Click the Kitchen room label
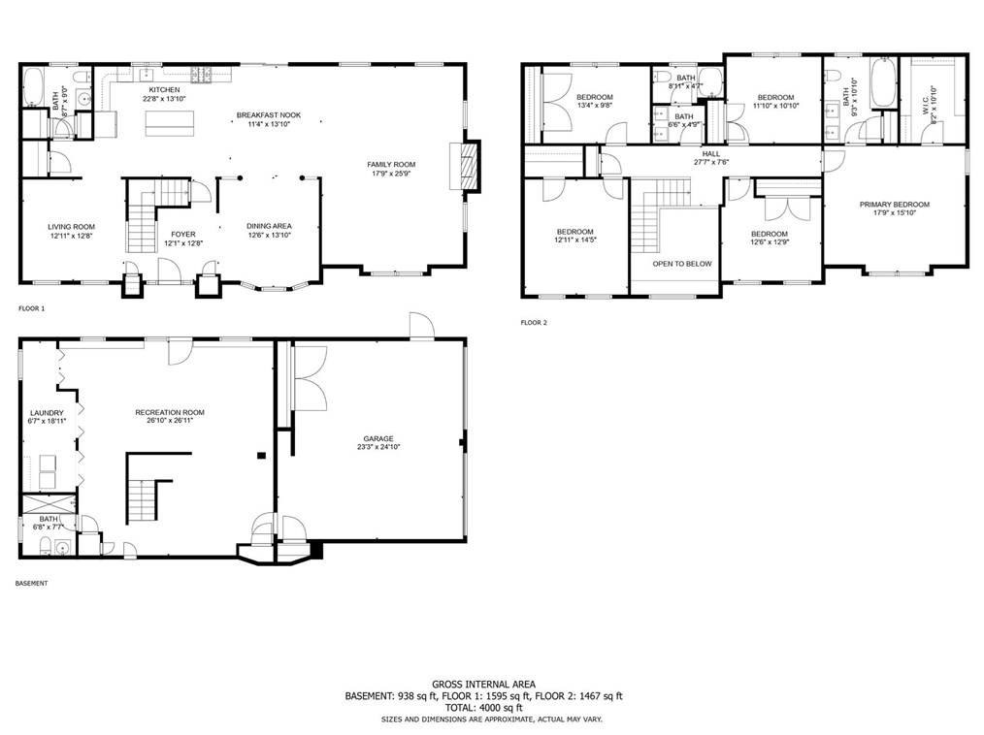coord(163,89)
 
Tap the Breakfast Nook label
coord(269,115)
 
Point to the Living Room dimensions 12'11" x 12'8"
coord(72,236)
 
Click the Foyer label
coord(183,234)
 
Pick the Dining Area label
coord(269,226)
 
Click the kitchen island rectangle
coord(170,123)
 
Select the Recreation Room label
coord(170,412)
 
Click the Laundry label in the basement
coord(47,412)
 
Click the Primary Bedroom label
coord(894,204)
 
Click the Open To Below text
coord(682,264)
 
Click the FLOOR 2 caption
coord(534,323)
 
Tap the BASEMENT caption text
coord(32,584)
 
